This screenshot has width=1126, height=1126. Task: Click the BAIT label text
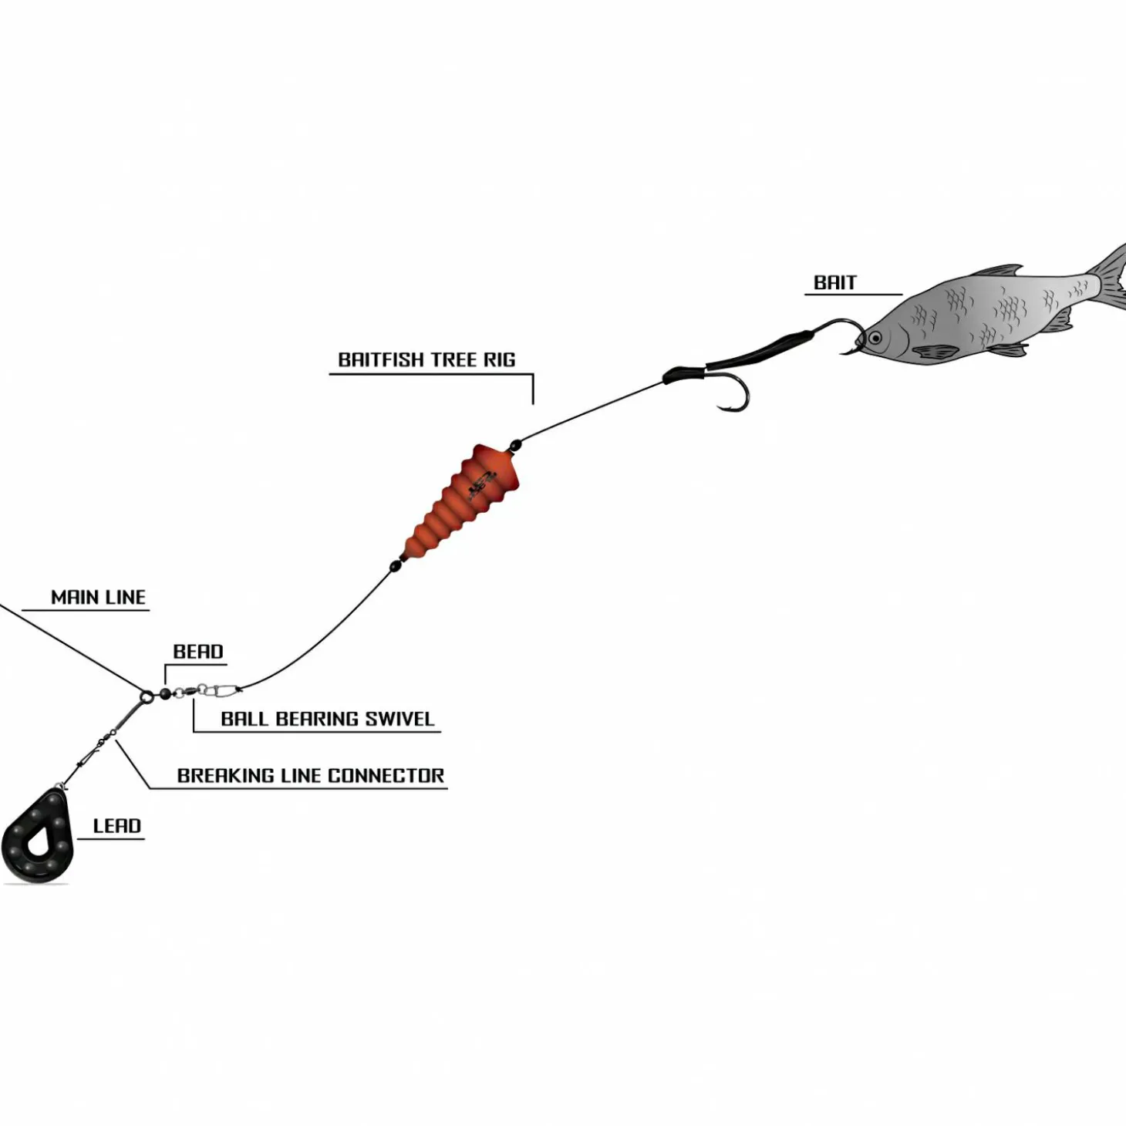[x=834, y=283]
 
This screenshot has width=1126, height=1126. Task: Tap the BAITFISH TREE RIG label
[x=426, y=360]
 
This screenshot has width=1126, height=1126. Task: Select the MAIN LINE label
[x=98, y=598]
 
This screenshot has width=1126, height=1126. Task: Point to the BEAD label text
[x=198, y=652]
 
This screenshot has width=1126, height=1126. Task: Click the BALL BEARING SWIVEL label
[x=327, y=719]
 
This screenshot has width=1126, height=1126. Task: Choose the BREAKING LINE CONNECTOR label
[x=310, y=776]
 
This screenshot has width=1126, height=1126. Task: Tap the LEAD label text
[x=116, y=826]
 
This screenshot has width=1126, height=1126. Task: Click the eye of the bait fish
[x=875, y=338]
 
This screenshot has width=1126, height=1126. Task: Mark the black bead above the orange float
[x=515, y=444]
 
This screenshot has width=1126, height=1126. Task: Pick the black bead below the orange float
[x=396, y=565]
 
